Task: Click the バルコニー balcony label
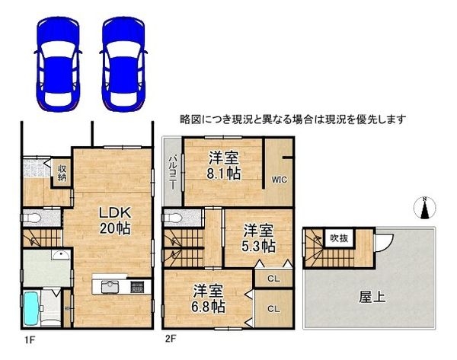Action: (x=173, y=170)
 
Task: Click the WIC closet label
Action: (x=277, y=180)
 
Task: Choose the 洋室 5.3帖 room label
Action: (x=258, y=237)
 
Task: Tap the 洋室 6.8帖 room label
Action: (x=206, y=298)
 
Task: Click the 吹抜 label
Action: (x=338, y=238)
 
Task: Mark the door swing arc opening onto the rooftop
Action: (x=383, y=244)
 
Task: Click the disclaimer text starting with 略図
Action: (x=293, y=119)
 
